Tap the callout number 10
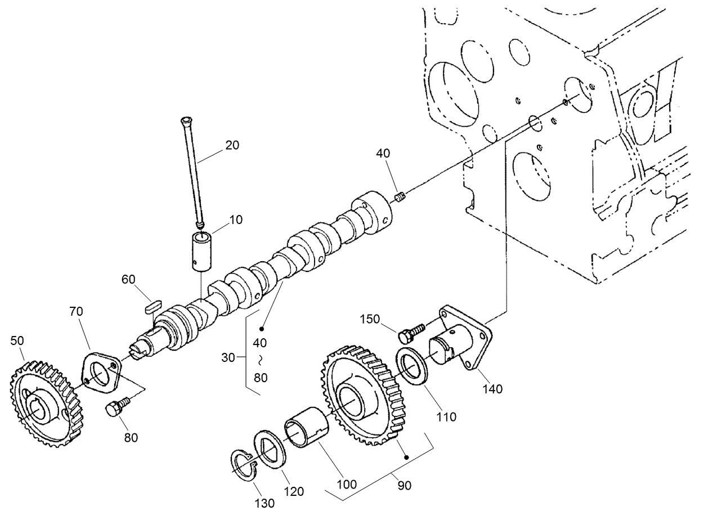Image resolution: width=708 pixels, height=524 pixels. [x=236, y=220]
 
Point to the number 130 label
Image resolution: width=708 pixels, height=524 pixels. [x=264, y=503]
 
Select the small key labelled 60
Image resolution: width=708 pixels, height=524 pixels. [x=150, y=306]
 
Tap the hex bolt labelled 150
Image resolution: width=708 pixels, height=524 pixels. [x=407, y=334]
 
